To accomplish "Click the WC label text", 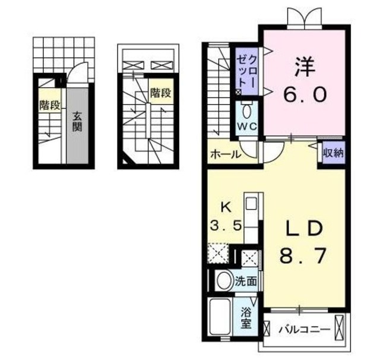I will coord(248,126).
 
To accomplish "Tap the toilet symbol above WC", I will coord(248,110).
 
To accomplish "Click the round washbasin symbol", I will coord(224,281).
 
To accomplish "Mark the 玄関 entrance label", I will coord(77,122).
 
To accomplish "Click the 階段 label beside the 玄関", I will coord(49,106).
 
